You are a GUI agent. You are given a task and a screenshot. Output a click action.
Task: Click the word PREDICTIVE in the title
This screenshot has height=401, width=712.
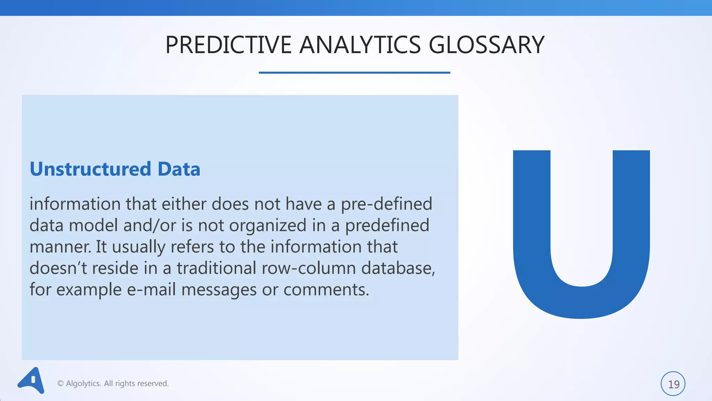(x=228, y=45)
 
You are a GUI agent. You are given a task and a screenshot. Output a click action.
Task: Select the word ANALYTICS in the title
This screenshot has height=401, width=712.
(x=360, y=45)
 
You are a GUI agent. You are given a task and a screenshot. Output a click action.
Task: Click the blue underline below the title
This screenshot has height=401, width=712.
(x=354, y=72)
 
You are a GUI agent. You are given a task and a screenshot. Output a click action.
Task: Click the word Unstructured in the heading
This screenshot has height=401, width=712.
(x=90, y=169)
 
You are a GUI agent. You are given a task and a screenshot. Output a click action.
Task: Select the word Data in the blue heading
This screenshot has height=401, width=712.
(x=179, y=169)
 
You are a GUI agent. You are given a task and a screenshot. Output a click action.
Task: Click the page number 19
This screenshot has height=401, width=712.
(x=673, y=384)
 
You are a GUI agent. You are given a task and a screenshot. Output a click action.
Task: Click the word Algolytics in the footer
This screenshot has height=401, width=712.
(x=83, y=384)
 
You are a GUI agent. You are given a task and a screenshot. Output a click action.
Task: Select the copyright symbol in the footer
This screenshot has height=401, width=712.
(x=60, y=384)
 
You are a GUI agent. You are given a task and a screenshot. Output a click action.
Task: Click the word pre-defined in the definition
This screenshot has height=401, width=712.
(x=386, y=204)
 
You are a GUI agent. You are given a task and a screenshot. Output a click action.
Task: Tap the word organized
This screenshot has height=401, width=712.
(x=268, y=226)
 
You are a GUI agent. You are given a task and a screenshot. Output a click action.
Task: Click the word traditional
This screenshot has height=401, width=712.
(x=216, y=268)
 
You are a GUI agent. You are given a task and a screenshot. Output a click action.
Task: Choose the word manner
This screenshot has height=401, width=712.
(x=60, y=247)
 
